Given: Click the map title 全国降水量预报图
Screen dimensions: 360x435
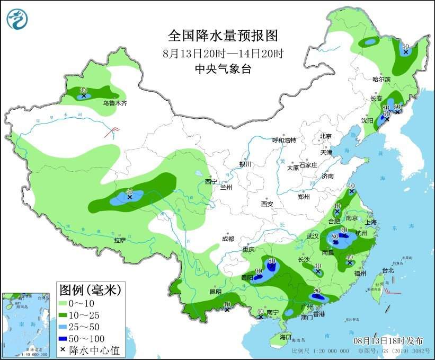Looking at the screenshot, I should coord(223,36).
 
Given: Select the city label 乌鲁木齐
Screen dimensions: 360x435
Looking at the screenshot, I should coord(115,103).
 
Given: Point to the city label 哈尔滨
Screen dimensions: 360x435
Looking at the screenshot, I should coord(381,79).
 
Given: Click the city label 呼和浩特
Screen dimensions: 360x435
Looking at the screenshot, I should coord(284,140).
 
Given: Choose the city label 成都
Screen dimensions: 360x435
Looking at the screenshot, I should coord(228,239).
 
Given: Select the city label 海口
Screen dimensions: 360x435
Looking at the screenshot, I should coord(286,337).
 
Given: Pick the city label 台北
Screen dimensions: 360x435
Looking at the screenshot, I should coord(388,270).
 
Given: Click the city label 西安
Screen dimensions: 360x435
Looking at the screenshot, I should coord(267,204).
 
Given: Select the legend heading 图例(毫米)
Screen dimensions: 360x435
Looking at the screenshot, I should coord(90,289).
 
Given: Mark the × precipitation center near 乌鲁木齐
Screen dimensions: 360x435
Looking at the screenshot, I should coord(84,96).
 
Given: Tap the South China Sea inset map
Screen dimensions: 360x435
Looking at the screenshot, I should coord(27,324).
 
